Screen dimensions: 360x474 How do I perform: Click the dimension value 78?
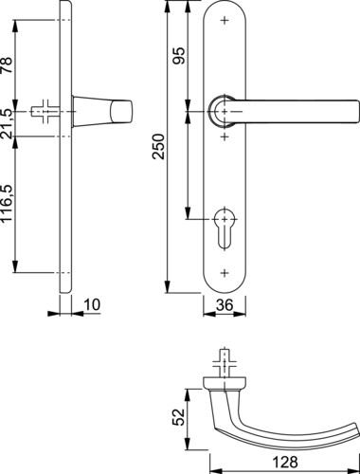(x=7, y=65)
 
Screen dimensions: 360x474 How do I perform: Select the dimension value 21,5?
(x=7, y=124)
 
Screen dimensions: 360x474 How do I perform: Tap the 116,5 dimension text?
(x=7, y=205)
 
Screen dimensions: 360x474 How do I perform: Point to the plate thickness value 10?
(x=92, y=305)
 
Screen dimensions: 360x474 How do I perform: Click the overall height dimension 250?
(x=159, y=147)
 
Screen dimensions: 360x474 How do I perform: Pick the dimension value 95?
(x=178, y=56)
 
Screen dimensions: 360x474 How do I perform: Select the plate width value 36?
(x=225, y=305)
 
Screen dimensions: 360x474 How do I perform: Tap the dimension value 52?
(x=178, y=417)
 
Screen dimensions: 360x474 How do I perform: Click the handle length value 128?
(x=285, y=462)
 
